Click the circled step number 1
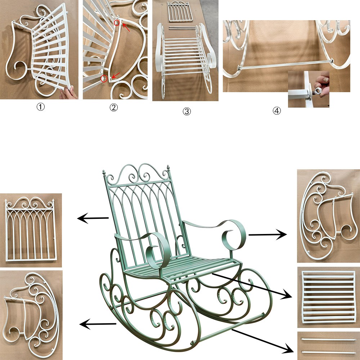click(41, 107)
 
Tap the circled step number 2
click(114, 107)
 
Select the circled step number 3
click(186, 112)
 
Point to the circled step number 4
click(276, 111)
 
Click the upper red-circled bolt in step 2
click(117, 23)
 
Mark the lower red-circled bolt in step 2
click(104, 79)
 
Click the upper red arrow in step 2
click(126, 27)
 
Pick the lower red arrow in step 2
click(116, 75)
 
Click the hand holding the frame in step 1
click(68, 93)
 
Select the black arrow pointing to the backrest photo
click(93, 218)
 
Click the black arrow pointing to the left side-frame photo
click(98, 324)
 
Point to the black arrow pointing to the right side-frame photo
click(268, 235)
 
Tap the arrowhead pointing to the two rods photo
click(288, 349)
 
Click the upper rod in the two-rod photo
click(328, 339)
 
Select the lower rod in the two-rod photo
click(328, 352)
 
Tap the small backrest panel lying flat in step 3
click(180, 12)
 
